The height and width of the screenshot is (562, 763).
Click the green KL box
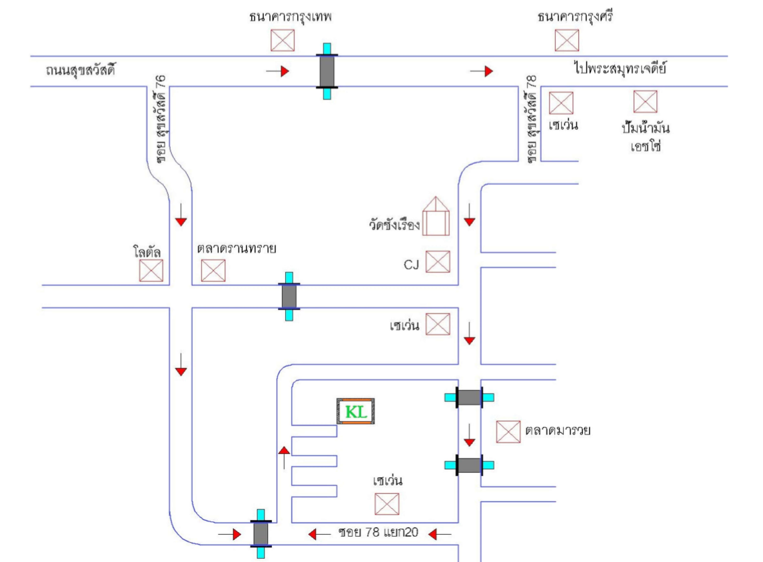pos(355,411)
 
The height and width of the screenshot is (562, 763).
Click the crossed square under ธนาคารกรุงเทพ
pos(283,40)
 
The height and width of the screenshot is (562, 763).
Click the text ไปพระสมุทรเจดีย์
pos(620,68)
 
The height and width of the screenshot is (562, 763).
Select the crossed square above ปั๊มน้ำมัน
pos(644,102)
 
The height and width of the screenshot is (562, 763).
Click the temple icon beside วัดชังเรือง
pos(436,217)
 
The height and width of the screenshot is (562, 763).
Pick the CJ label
pos(411,264)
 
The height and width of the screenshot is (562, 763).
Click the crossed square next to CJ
pos(438,261)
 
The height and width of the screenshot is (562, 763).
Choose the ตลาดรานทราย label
pos(237,248)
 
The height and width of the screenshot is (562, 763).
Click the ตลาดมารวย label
pos(558,431)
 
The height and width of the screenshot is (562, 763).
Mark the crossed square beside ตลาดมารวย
pos(508,431)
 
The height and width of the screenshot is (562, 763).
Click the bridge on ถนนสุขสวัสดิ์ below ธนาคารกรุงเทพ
pos(327,71)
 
